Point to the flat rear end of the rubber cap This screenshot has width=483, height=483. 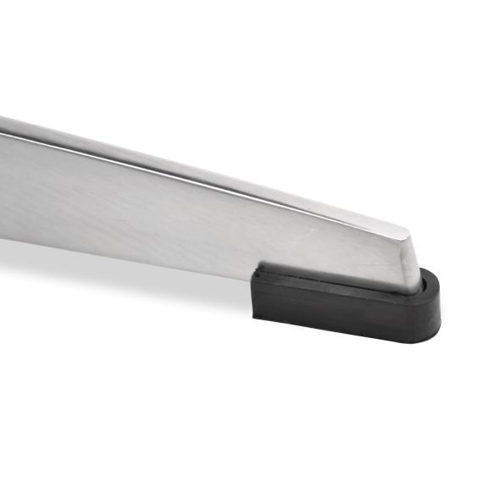256,292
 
